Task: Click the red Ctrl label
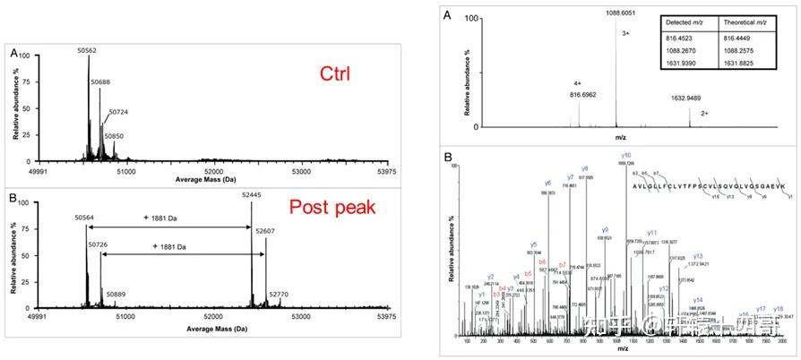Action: click(340, 73)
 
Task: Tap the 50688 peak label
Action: click(100, 81)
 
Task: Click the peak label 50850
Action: click(113, 136)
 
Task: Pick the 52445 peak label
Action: click(254, 195)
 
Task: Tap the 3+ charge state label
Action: click(625, 34)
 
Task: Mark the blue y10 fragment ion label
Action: click(625, 156)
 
